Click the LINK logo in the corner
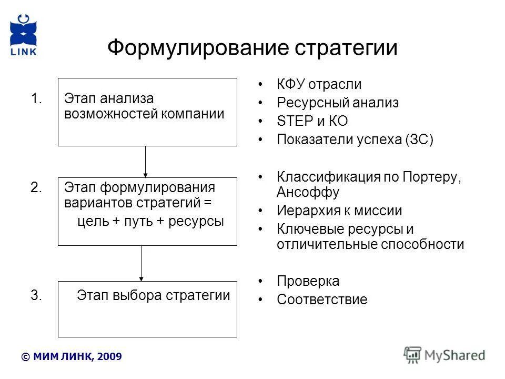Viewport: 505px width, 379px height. [23, 34]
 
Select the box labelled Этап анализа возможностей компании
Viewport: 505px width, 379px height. [147, 112]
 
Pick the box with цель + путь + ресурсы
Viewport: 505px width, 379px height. [147, 212]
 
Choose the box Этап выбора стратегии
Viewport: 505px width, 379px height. [147, 309]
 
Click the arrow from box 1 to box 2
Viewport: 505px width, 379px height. [146, 161]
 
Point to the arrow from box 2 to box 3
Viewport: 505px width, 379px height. [141, 263]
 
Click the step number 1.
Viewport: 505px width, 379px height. [36, 99]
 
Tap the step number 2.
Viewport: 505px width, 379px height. [36, 188]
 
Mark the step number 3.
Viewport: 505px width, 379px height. [36, 295]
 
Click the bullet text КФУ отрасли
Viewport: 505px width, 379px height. [319, 84]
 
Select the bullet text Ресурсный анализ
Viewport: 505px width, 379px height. [337, 103]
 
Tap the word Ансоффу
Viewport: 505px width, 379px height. [308, 192]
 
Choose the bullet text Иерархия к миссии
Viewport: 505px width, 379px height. [339, 211]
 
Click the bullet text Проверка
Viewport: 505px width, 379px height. [308, 281]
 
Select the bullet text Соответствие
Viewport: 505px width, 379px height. [322, 300]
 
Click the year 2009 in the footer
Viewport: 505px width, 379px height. [110, 357]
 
